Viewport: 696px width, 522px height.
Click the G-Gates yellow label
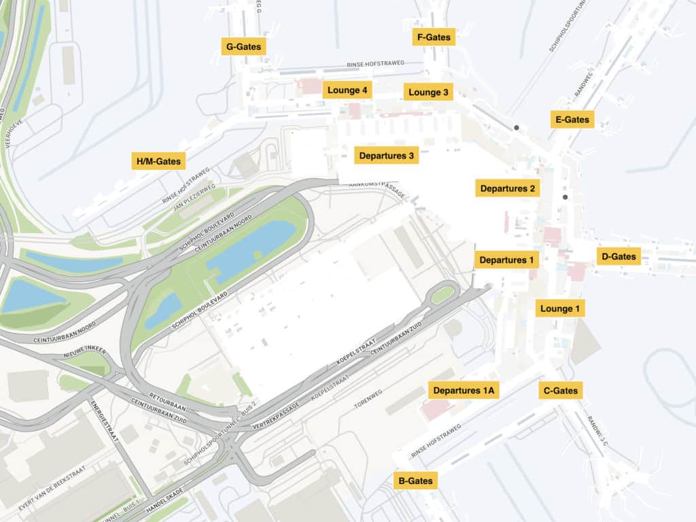(x=243, y=46)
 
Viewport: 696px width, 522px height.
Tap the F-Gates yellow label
(x=434, y=37)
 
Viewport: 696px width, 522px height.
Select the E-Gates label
(x=572, y=120)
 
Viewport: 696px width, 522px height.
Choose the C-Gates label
(x=560, y=390)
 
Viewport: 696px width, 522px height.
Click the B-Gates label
(x=415, y=481)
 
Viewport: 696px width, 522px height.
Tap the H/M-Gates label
(x=158, y=161)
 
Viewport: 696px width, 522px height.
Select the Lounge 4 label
(x=347, y=90)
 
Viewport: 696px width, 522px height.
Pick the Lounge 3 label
(x=428, y=92)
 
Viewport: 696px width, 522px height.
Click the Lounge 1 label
(x=560, y=308)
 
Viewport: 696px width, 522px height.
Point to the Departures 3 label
(x=386, y=156)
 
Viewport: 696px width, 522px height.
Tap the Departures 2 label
(x=507, y=188)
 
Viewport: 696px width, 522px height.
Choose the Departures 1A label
(x=464, y=390)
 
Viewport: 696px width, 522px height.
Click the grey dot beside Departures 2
(x=565, y=197)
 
